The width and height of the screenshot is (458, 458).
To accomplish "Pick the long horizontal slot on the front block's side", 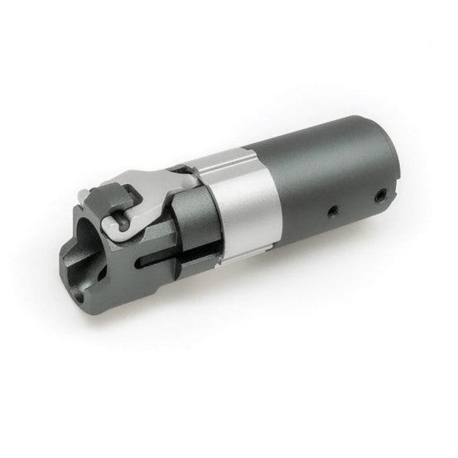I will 162,263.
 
